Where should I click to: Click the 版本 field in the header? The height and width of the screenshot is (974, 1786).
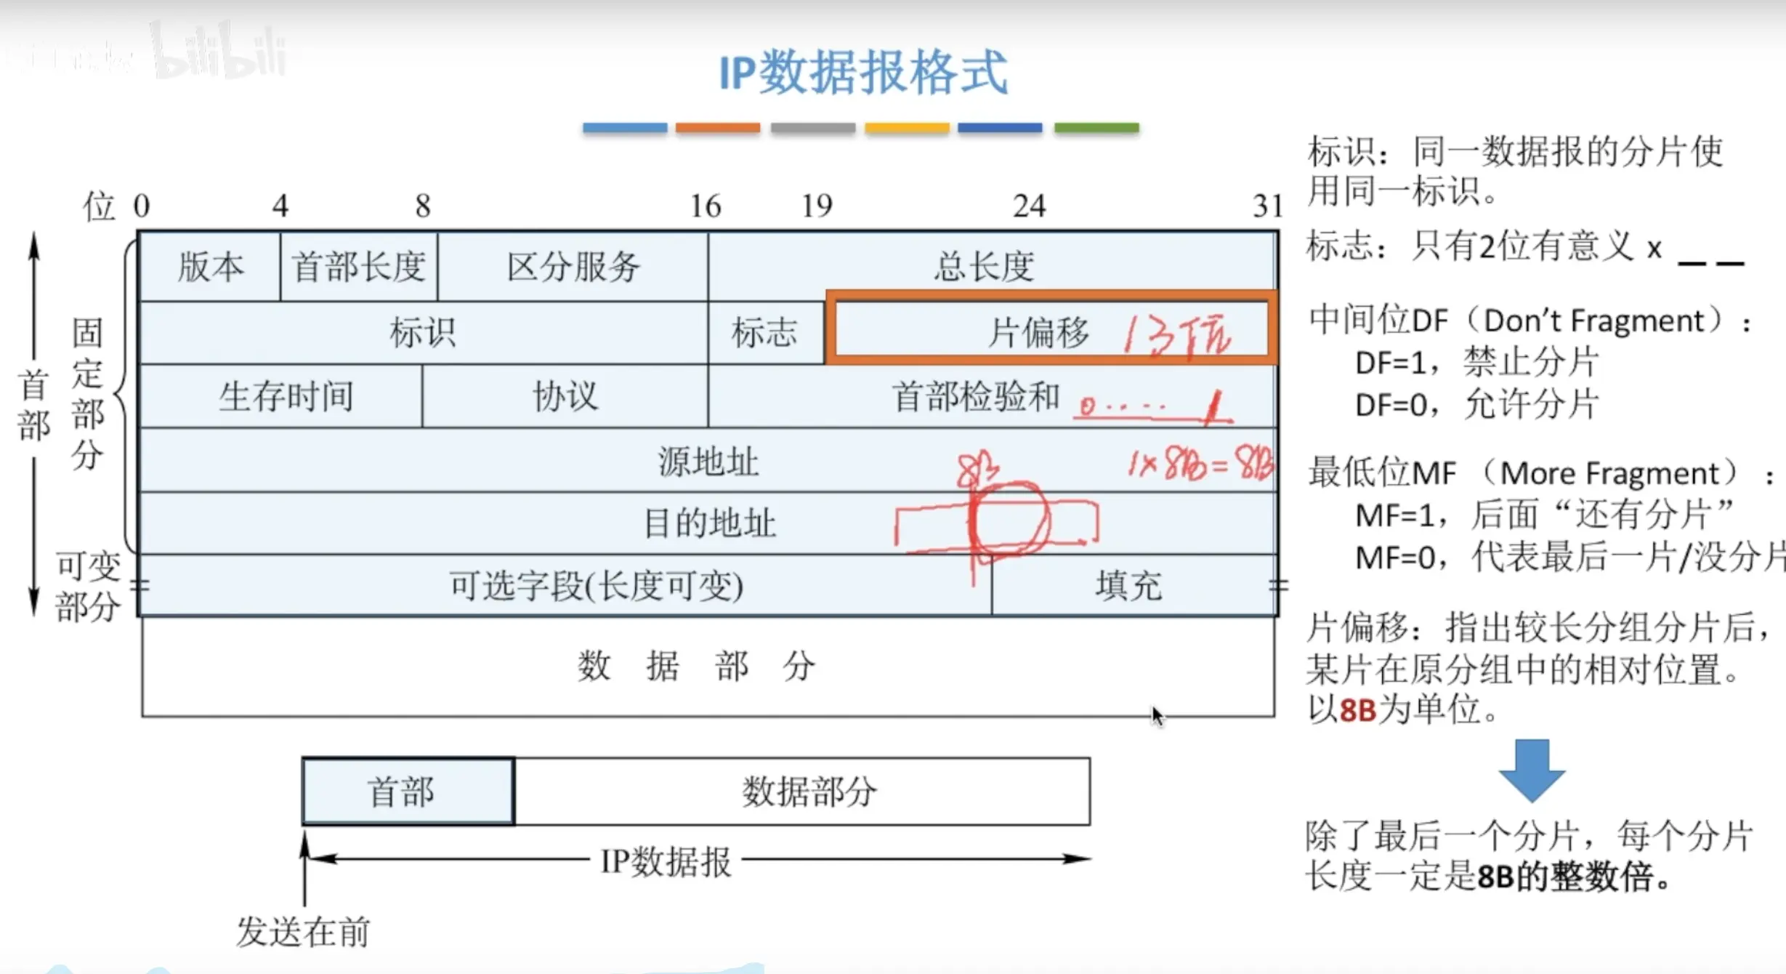210,267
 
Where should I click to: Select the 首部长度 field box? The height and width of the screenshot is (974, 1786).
359,267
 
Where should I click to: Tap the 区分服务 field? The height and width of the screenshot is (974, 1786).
573,267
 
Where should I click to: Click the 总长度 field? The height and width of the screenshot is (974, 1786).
985,266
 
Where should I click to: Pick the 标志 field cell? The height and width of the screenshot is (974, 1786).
764,333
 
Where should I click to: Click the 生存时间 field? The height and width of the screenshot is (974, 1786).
286,397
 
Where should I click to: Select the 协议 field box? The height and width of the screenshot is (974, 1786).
565,397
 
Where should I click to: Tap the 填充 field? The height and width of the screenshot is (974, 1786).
1129,586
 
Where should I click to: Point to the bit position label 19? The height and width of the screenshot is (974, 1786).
817,206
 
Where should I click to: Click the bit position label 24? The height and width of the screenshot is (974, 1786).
1029,206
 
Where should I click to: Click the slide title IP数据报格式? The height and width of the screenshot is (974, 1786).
862,73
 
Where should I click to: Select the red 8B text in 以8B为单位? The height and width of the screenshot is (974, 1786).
1357,710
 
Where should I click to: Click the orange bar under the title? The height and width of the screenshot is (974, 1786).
717,128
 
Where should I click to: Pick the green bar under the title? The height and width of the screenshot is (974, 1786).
1096,128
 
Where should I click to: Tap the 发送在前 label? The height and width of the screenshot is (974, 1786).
304,932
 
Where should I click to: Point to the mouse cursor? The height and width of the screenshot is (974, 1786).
1157,715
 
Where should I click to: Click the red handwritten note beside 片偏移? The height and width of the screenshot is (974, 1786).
1178,335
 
